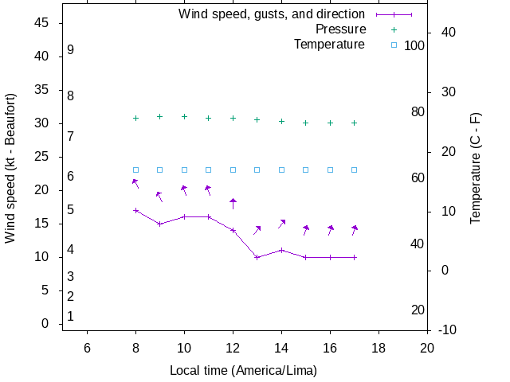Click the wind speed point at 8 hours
(x=135, y=210)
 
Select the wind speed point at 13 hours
(x=257, y=257)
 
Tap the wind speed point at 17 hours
(x=355, y=257)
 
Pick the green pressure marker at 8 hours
(x=135, y=118)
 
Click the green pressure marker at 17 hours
(x=355, y=123)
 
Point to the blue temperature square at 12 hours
(x=233, y=170)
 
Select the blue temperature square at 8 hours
(x=135, y=170)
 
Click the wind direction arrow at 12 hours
(x=233, y=203)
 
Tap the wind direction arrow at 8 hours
(x=135, y=184)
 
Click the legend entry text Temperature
(x=329, y=45)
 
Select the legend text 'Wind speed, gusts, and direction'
(x=272, y=14)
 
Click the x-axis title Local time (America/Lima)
(x=243, y=370)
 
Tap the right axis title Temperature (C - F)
(x=476, y=167)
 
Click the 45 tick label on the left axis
(x=43, y=23)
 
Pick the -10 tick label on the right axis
(x=447, y=329)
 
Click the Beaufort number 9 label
(x=71, y=49)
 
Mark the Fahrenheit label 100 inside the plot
(x=414, y=45)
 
